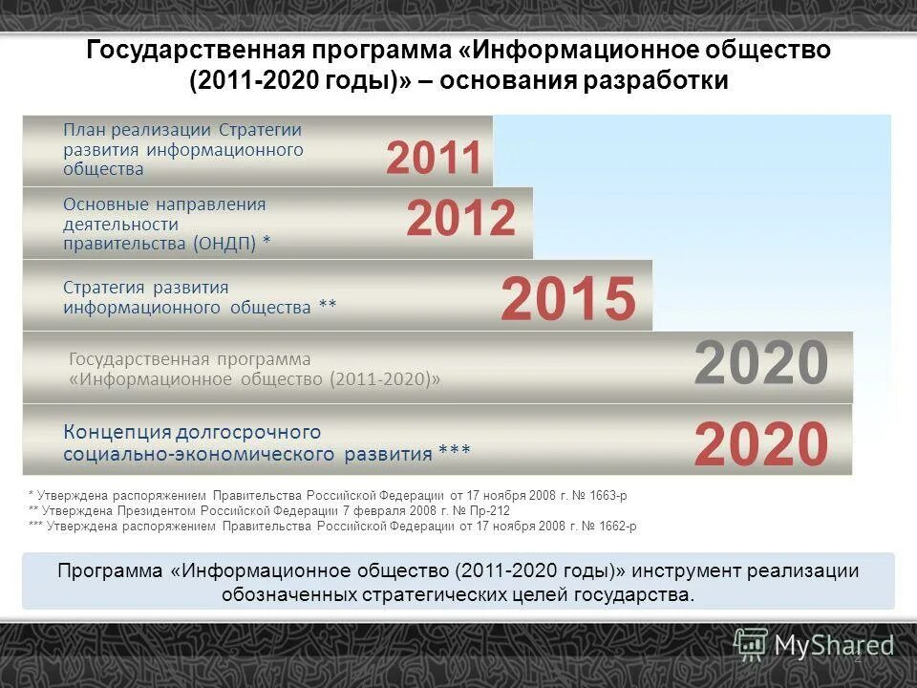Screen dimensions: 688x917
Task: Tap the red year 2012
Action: (x=460, y=219)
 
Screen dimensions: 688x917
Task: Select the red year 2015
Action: (x=567, y=299)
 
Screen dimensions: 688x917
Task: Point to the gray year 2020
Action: (x=760, y=363)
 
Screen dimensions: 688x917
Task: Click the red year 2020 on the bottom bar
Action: (x=761, y=443)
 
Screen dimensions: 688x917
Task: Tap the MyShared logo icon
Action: (x=751, y=644)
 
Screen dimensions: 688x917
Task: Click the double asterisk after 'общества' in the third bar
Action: (x=327, y=307)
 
